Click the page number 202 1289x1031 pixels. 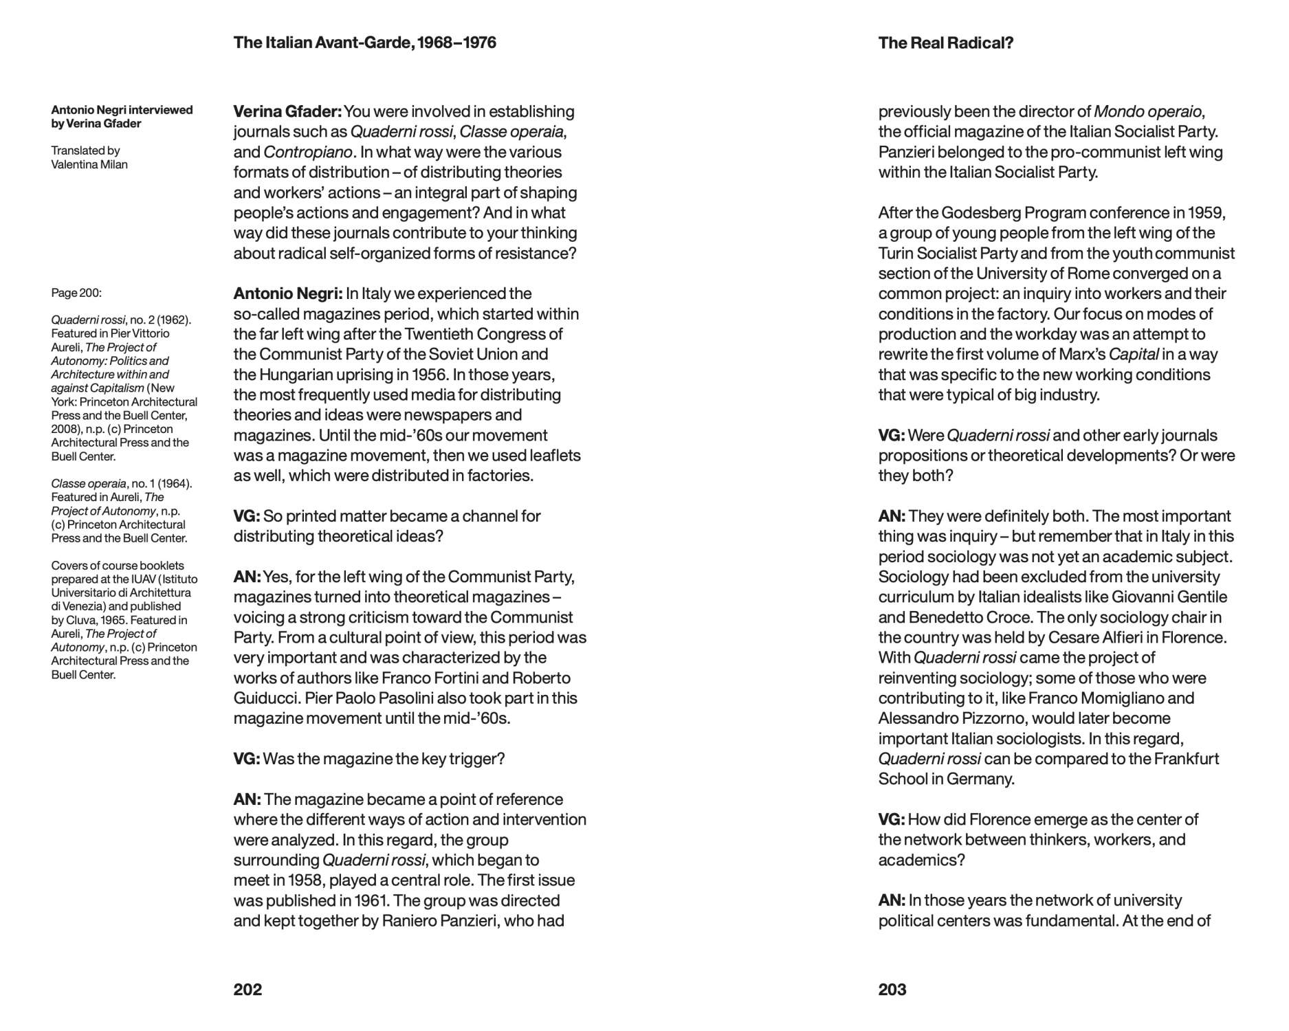click(247, 989)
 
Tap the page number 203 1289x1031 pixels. click(892, 989)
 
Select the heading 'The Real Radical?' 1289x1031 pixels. click(945, 43)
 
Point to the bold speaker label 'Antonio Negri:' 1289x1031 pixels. click(287, 293)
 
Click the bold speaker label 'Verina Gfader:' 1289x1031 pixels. click(287, 111)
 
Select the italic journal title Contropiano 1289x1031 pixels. click(307, 152)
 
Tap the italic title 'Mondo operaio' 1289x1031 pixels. click(1147, 111)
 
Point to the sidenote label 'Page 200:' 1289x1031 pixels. click(76, 293)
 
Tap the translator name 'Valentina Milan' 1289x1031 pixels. click(89, 164)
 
